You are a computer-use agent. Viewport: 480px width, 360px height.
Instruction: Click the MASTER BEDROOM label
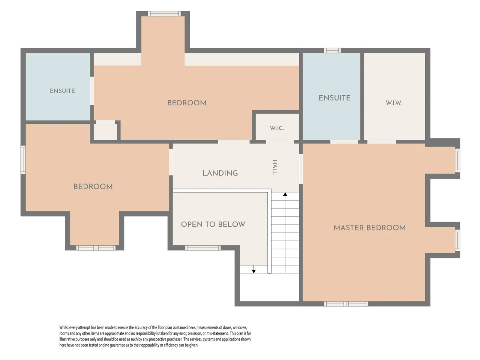[x=369, y=228]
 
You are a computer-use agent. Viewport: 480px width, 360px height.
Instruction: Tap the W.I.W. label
[x=394, y=103]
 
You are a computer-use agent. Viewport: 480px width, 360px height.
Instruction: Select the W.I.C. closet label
[x=277, y=128]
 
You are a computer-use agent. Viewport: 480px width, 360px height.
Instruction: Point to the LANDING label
[x=220, y=173]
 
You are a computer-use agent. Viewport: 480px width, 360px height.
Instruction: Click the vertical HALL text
[x=274, y=167]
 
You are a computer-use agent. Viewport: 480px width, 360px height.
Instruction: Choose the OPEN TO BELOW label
[x=213, y=224]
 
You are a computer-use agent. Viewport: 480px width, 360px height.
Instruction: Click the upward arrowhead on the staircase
[x=285, y=194]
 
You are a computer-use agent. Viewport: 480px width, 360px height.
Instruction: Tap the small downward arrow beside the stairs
[x=253, y=269]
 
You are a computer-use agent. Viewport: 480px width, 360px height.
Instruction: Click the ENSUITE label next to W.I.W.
[x=334, y=98]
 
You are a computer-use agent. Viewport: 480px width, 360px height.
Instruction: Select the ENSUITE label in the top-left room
[x=62, y=91]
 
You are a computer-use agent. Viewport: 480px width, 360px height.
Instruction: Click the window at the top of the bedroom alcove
[x=164, y=13]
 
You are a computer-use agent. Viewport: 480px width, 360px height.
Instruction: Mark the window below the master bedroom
[x=346, y=304]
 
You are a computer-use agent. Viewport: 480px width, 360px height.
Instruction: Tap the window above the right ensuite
[x=332, y=51]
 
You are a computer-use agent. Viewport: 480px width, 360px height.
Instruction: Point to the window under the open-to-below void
[x=203, y=247]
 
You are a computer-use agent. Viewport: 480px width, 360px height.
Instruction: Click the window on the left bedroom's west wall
[x=23, y=160]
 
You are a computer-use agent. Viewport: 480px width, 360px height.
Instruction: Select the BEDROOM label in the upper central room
[x=187, y=103]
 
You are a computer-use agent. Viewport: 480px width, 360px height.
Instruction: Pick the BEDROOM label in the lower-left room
[x=93, y=186]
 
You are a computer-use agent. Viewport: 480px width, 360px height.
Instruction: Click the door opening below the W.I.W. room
[x=382, y=142]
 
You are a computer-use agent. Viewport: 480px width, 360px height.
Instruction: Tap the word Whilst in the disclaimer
[x=64, y=327]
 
